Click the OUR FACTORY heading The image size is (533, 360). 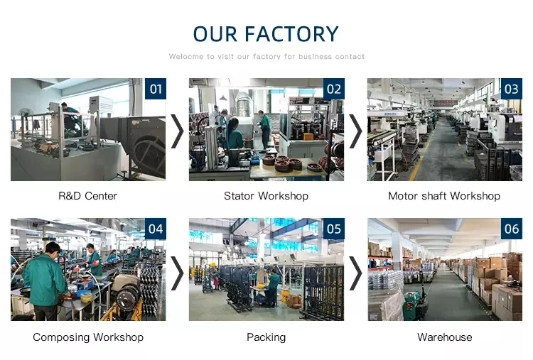(x=266, y=34)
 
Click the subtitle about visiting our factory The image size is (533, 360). (x=266, y=56)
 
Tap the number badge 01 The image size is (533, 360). (x=156, y=89)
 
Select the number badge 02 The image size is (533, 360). (x=333, y=89)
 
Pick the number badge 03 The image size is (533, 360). (x=511, y=89)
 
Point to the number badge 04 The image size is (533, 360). (x=156, y=229)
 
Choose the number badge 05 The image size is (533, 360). (x=333, y=229)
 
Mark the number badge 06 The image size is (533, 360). (x=511, y=229)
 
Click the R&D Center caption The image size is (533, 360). (x=88, y=196)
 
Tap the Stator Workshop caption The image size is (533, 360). (x=266, y=196)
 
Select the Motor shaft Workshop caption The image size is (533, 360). (x=444, y=196)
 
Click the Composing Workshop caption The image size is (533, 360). (x=88, y=337)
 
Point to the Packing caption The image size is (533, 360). (x=266, y=337)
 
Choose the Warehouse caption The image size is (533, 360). (x=444, y=337)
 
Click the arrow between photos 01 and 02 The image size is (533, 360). (x=178, y=131)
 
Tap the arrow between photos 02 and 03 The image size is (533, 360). (x=355, y=131)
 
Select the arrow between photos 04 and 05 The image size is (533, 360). (x=178, y=272)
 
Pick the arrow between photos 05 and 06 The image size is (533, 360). (x=355, y=272)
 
